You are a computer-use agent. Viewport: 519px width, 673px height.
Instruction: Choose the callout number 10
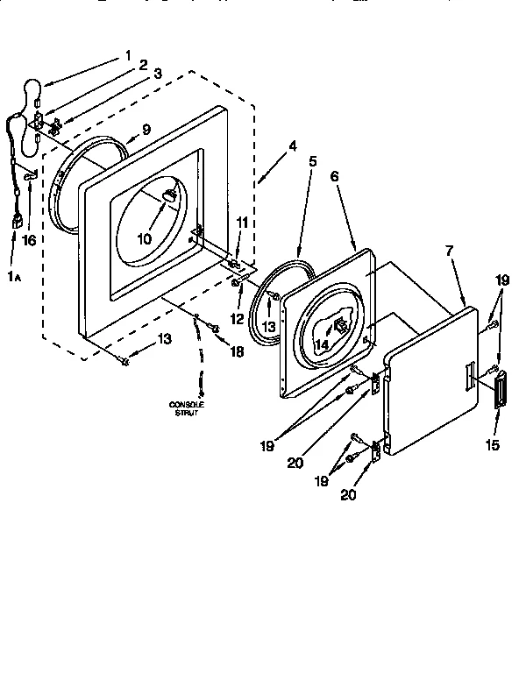(146, 238)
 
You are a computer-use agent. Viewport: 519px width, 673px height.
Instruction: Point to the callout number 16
(29, 240)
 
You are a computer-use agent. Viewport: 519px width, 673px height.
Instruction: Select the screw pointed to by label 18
(214, 328)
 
